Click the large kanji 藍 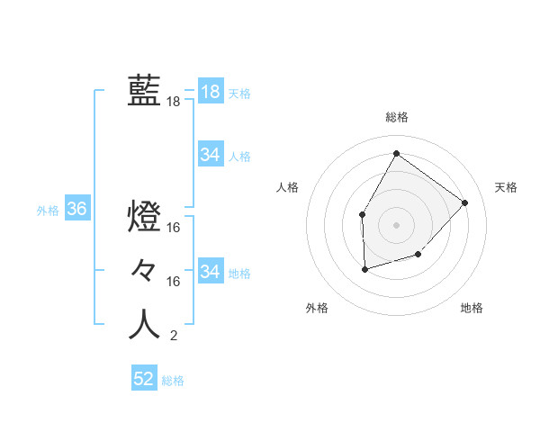[144, 90]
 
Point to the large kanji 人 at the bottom [144, 324]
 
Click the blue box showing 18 [210, 91]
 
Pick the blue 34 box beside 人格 [210, 155]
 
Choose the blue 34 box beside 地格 [210, 271]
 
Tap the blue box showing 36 [76, 210]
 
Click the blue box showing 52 [144, 379]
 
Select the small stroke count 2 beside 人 [173, 336]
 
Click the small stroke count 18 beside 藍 [173, 102]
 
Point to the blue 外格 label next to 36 [48, 211]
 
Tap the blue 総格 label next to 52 [173, 381]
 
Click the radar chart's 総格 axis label [396, 117]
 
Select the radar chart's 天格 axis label [507, 187]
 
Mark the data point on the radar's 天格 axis [464, 202]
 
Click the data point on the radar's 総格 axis [396, 153]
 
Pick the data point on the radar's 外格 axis [364, 269]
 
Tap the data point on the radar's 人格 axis [362, 214]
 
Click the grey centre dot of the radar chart [396, 224]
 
